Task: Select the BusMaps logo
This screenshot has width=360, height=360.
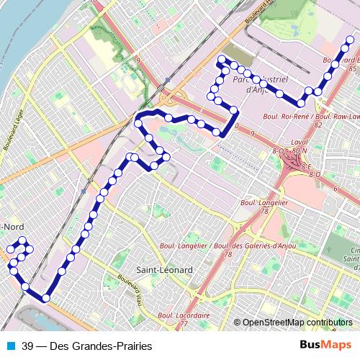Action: [x=323, y=345]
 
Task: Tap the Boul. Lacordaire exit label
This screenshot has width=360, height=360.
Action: [x=183, y=315]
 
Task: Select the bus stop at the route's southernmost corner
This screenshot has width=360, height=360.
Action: [x=45, y=297]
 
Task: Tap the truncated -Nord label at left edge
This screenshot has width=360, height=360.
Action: [x=13, y=227]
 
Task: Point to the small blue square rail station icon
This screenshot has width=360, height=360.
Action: [x=168, y=81]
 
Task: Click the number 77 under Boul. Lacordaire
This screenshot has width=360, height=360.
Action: [x=183, y=323]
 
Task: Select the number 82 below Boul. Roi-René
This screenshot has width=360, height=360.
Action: [x=297, y=125]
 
